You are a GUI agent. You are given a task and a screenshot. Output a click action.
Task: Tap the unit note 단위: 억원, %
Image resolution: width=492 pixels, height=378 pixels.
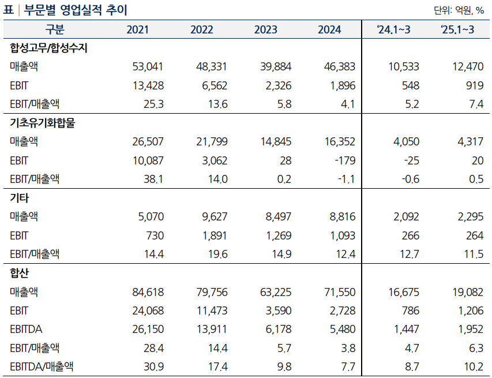[x=459, y=10]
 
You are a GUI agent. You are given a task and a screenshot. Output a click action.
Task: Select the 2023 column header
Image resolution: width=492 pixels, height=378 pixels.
[x=265, y=30]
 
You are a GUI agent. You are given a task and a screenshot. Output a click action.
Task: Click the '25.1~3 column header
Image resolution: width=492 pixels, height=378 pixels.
[x=457, y=30]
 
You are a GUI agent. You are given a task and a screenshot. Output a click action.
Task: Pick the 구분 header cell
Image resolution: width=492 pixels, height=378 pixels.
[x=55, y=30]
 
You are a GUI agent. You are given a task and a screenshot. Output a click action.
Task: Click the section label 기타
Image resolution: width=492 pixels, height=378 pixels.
[x=20, y=197]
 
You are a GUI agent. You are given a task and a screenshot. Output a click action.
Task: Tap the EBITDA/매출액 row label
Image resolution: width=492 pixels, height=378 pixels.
[x=42, y=366]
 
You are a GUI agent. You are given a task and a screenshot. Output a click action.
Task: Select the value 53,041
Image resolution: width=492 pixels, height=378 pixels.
[x=148, y=67]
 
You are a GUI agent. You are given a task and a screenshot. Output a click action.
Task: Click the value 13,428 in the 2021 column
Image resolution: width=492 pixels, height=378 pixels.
[x=148, y=86]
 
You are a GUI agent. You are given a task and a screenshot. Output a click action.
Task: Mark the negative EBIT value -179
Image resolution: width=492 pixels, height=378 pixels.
[x=345, y=160]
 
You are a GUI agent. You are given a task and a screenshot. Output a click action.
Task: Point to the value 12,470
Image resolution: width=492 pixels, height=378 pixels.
[x=468, y=67]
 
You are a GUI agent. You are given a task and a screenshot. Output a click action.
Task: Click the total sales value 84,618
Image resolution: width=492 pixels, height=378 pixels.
[x=148, y=292]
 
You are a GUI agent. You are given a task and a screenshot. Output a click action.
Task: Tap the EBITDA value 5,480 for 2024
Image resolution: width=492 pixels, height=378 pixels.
[x=341, y=329]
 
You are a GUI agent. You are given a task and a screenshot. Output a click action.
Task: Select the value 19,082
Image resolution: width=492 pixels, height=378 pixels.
[x=468, y=292]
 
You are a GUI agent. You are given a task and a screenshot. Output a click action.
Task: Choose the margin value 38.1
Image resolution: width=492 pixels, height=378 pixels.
[x=153, y=179]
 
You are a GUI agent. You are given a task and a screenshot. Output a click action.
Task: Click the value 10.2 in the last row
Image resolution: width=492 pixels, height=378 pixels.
[x=474, y=366]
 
